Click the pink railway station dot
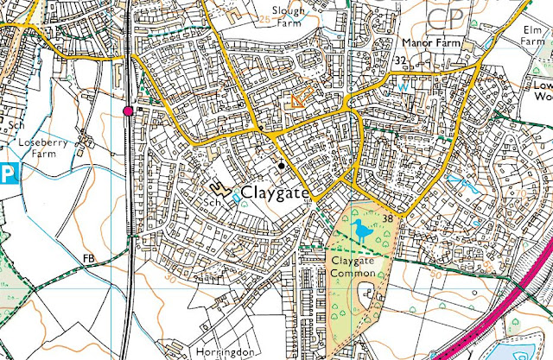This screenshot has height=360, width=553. (x=129, y=111)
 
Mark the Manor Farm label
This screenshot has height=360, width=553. (x=429, y=41)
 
